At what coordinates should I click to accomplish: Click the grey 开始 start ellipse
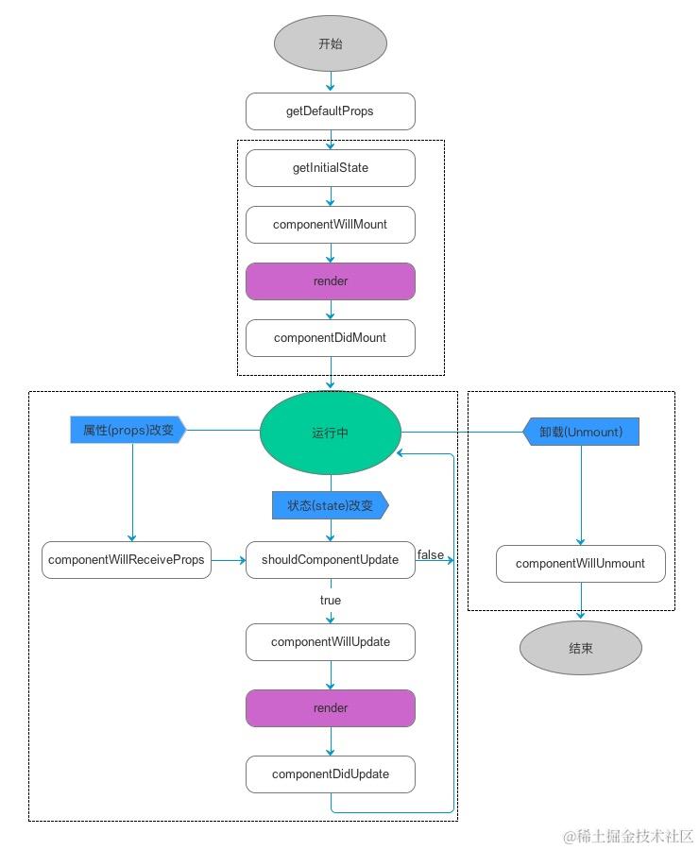coord(331,44)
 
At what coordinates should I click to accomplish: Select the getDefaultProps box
coord(331,111)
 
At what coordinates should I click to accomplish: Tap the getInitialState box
coord(331,168)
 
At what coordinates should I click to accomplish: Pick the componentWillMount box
coord(331,225)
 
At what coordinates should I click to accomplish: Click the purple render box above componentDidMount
coord(331,281)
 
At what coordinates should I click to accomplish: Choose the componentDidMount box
coord(331,338)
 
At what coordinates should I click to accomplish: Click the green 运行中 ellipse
coord(331,433)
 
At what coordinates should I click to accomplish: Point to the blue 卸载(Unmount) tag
coord(581,432)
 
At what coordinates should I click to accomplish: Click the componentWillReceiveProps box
coord(127,560)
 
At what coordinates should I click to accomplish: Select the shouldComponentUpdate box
coord(331,560)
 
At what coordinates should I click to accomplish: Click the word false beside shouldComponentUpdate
coord(430,554)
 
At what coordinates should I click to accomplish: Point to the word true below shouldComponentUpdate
coord(331,601)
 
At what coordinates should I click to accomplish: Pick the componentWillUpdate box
coord(331,642)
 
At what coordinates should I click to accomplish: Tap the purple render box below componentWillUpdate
coord(331,708)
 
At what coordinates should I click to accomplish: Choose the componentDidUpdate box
coord(331,774)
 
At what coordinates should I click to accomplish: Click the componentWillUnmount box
coord(581,564)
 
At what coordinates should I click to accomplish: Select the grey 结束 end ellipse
coord(581,649)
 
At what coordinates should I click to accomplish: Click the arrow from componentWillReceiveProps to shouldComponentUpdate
coord(229,560)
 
